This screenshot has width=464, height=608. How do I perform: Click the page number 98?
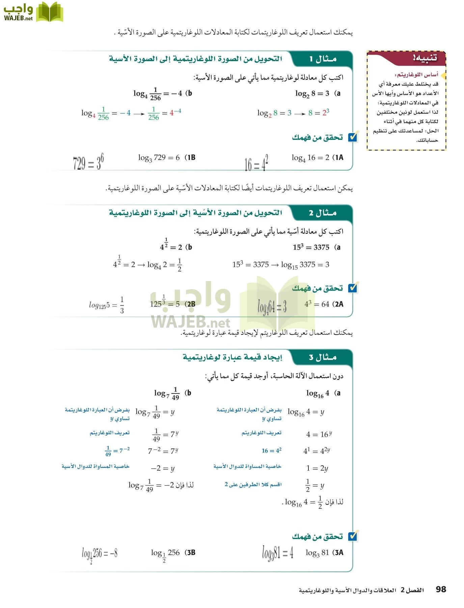click(x=441, y=589)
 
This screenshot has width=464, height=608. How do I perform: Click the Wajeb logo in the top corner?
click(x=33, y=12)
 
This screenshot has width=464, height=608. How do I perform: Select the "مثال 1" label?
click(x=323, y=59)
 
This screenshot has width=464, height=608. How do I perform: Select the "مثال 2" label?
click(x=323, y=213)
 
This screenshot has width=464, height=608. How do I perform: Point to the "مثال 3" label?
click(x=323, y=357)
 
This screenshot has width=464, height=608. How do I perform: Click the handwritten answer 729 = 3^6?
click(x=88, y=163)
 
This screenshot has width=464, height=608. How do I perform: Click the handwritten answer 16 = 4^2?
click(x=256, y=163)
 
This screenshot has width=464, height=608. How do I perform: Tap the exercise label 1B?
click(x=191, y=157)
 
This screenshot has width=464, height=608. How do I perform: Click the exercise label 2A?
click(x=338, y=304)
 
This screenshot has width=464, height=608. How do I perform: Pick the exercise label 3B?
click(x=191, y=553)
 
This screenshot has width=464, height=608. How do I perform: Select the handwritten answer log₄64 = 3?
click(x=272, y=306)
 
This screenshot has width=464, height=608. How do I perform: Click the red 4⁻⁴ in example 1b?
click(x=175, y=112)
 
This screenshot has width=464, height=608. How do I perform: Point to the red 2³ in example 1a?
click(x=326, y=113)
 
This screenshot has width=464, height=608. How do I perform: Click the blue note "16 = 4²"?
click(x=271, y=451)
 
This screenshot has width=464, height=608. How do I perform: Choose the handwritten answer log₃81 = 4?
click(x=278, y=553)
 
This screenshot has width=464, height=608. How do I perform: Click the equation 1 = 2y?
click(x=317, y=468)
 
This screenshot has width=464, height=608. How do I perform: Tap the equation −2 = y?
click(x=163, y=468)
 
